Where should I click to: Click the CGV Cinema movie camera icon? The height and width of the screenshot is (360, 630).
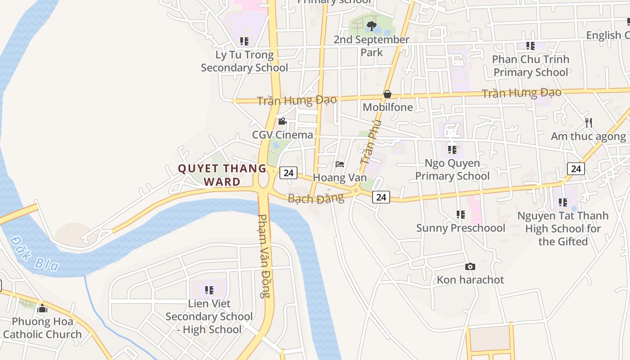tap(282, 121)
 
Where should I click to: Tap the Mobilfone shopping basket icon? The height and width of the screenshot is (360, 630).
tap(387, 94)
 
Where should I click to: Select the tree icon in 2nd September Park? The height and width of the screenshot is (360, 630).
tap(371, 26)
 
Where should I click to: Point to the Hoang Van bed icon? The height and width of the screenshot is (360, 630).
tap(340, 164)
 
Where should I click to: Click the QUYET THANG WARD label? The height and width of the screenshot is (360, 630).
tap(222, 175)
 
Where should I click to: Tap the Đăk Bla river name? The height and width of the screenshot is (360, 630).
tap(33, 254)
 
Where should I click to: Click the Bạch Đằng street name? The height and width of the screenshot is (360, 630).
tap(315, 198)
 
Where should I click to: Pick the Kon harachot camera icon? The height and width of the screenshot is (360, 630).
tap(470, 266)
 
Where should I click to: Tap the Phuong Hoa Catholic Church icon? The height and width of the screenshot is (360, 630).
tap(42, 308)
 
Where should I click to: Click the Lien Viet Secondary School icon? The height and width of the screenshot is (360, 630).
tap(209, 290)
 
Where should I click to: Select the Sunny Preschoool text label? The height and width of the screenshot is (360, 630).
tap(460, 228)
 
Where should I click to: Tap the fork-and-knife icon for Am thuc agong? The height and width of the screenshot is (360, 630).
tap(588, 122)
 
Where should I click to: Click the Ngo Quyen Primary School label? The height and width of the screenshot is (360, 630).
tap(452, 169)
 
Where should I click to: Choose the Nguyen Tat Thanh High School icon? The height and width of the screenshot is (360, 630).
tap(562, 202)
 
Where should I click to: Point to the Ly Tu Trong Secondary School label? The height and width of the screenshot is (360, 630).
tap(244, 61)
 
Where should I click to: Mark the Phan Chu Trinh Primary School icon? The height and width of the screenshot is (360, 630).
tap(531, 46)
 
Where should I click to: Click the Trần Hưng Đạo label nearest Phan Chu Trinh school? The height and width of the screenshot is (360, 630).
tap(521, 93)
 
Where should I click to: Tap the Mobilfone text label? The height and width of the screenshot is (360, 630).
tap(387, 107)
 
